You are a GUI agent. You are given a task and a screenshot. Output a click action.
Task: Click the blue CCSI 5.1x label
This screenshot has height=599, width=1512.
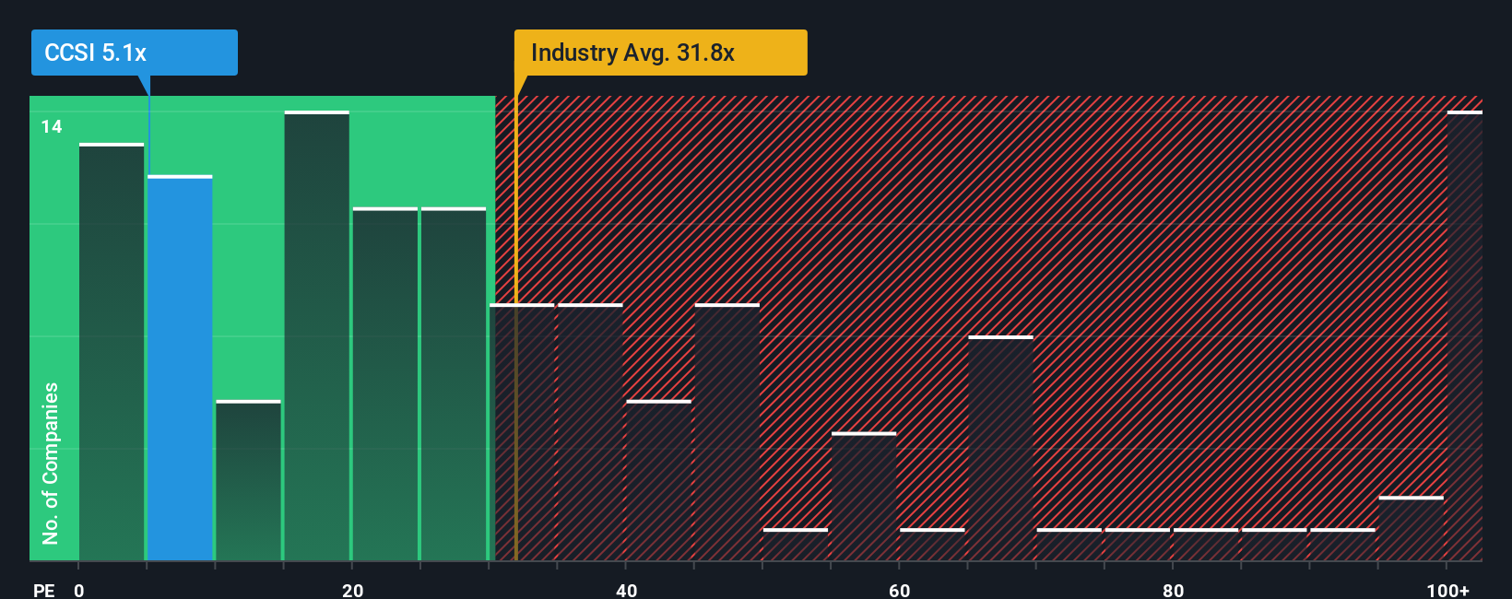coord(134,53)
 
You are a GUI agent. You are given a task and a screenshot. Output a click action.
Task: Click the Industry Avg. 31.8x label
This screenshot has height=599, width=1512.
coord(660,53)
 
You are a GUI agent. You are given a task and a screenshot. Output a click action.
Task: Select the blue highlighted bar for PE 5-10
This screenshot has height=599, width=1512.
coord(180,369)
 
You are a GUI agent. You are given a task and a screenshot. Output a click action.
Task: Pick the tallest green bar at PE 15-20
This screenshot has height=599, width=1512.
coord(317,336)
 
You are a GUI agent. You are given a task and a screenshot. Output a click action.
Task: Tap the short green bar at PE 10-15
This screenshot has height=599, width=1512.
coord(248,480)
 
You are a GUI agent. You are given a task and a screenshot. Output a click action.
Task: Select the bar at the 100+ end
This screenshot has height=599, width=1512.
coord(1464,336)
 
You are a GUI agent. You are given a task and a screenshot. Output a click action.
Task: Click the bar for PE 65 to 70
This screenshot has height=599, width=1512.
coord(1000,449)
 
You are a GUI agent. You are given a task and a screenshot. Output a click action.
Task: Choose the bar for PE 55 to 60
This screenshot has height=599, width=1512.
coord(864,497)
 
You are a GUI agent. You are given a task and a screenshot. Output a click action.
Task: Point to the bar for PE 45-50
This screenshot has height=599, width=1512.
coord(727,432)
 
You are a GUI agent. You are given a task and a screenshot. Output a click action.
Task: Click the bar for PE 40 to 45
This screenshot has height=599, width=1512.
coord(658,480)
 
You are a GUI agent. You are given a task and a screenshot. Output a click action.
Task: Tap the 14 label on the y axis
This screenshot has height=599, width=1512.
coord(52,126)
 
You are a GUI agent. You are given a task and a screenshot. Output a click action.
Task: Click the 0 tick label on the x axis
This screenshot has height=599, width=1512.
coord(79,590)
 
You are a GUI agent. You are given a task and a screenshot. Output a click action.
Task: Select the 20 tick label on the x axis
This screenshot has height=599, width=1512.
coord(352,590)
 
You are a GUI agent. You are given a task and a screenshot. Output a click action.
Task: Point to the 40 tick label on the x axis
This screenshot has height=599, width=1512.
coord(626,590)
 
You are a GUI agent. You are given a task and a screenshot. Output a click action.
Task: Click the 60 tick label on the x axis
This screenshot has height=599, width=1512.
coord(899,590)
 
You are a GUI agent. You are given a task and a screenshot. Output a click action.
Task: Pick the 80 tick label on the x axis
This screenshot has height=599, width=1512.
coord(1173,590)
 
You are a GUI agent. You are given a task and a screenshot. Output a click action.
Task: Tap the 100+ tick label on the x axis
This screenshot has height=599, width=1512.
coord(1447,590)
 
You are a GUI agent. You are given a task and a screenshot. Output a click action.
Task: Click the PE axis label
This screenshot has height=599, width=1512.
coord(43,590)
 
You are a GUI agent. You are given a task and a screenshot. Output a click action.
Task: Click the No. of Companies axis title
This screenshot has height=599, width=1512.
coord(51,463)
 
